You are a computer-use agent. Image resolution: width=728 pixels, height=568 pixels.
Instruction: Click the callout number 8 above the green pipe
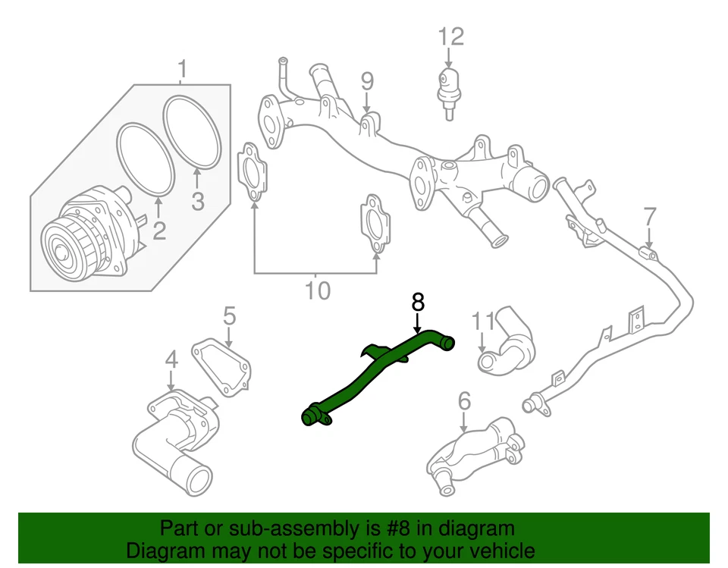pos(417,302)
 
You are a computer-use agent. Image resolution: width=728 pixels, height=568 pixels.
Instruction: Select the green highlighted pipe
pos(379,372)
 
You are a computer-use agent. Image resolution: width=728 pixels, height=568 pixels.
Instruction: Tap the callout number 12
pos(450,35)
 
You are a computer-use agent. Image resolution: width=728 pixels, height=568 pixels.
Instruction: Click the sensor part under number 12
pos(449,87)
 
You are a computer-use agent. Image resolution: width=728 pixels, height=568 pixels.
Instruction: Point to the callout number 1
pos(181,69)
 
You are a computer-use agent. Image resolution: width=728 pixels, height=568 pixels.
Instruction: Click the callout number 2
pos(158,230)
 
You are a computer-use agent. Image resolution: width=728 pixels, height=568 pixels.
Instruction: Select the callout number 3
pos(197,202)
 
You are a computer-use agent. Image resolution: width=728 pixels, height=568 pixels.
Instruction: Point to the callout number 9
pos(366,80)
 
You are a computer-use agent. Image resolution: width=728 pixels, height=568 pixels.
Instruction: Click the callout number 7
pos(649,217)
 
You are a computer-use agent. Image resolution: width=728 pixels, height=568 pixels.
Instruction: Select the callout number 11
pos(483,321)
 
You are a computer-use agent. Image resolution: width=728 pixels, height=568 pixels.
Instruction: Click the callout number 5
pos(229,315)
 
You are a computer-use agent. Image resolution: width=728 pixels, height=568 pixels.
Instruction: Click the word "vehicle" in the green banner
pos(497,550)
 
